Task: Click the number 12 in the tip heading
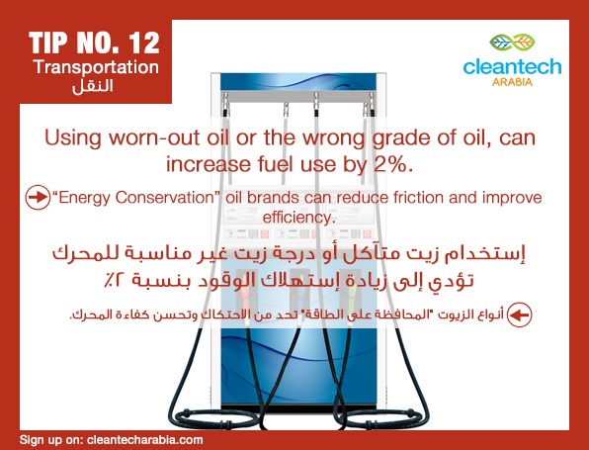pos(144,43)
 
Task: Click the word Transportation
pos(96,67)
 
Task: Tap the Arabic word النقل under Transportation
pos(93,86)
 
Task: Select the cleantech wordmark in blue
pos(512,66)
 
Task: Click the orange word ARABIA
pos(512,82)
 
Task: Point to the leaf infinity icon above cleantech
pos(512,43)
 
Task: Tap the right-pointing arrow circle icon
pos(38,198)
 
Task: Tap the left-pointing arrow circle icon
pos(519,315)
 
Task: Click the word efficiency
pos(299,218)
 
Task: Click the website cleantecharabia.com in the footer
pos(145,440)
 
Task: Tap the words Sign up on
pos(51,440)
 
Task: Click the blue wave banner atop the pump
pos(298,81)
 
